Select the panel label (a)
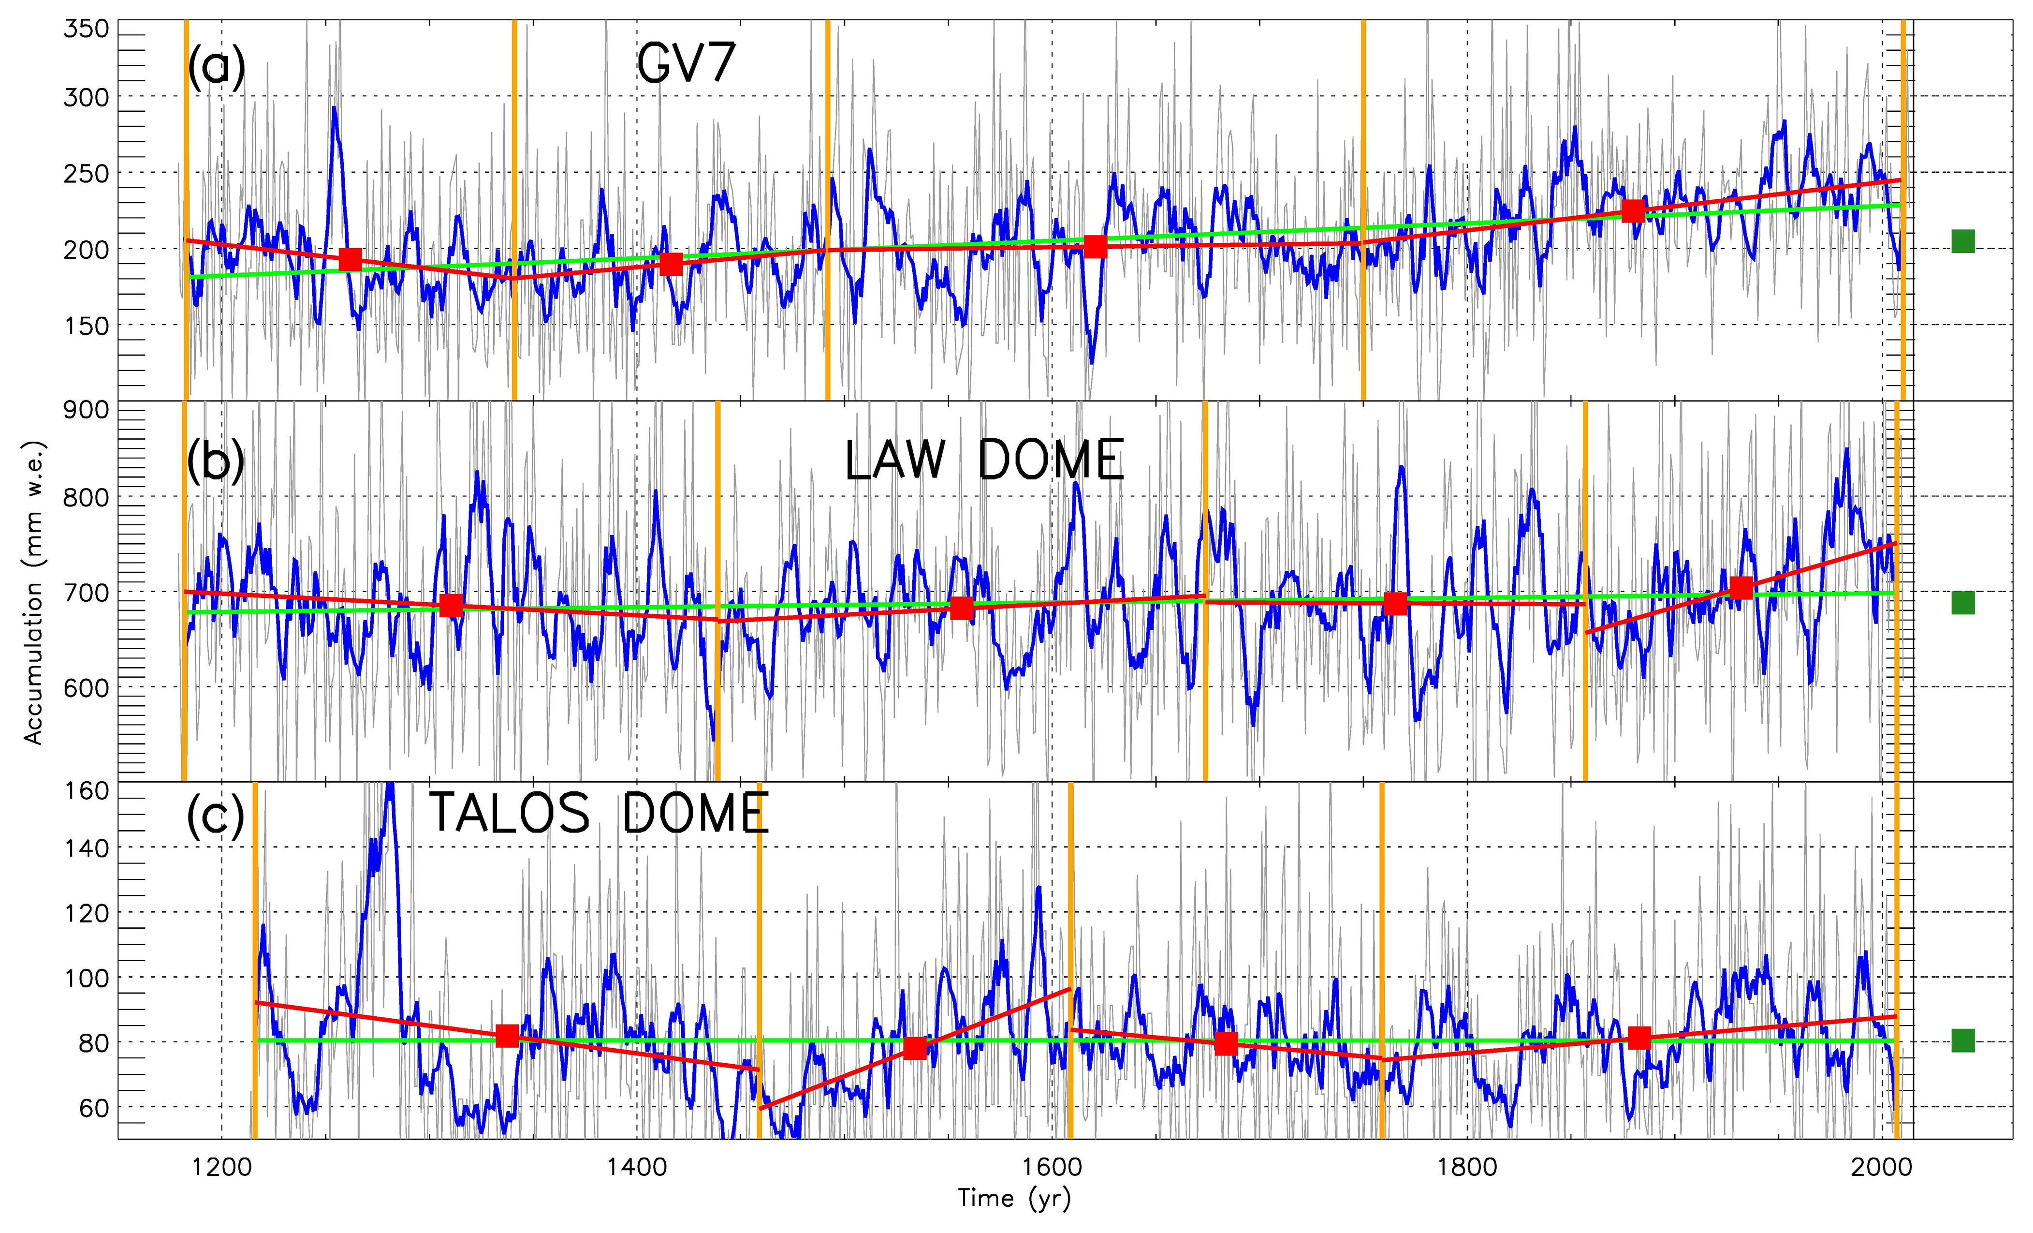pyautogui.click(x=215, y=66)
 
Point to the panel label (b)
pyautogui.click(x=215, y=461)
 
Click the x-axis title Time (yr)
pyautogui.click(x=1014, y=1198)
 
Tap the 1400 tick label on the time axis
pyautogui.click(x=636, y=1168)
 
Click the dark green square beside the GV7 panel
pyautogui.click(x=1963, y=242)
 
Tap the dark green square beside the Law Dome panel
pyautogui.click(x=1963, y=603)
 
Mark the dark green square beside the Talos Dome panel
pyautogui.click(x=1963, y=1040)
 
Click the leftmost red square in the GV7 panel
pyautogui.click(x=351, y=259)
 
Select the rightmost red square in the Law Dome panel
pyautogui.click(x=1741, y=588)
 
